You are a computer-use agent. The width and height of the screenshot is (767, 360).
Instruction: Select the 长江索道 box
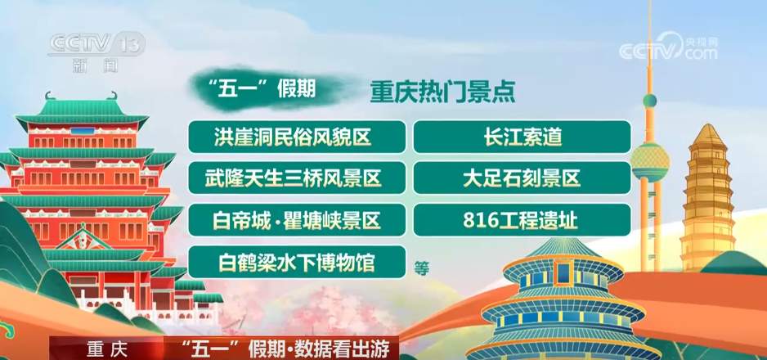(x=522, y=137)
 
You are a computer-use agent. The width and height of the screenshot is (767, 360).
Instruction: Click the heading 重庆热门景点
(x=442, y=92)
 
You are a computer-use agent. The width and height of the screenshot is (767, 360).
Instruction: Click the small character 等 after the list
(x=422, y=267)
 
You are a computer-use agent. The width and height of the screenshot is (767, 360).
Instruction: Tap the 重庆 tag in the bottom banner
(x=108, y=349)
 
